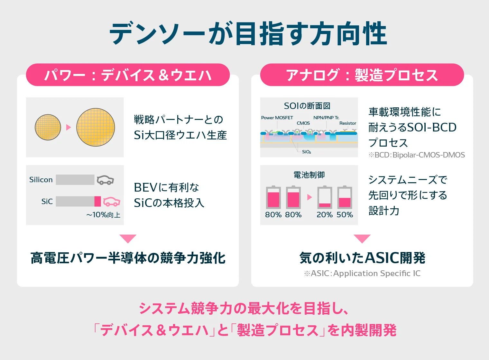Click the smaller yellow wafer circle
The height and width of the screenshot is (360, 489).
tap(48, 127)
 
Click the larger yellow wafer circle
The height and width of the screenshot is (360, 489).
tap(96, 127)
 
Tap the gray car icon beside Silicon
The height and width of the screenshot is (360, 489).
tap(106, 180)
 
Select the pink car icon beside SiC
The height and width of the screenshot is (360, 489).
tap(112, 202)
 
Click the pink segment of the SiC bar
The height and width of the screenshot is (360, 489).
tap(97, 201)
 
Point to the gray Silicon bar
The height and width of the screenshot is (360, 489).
tap(75, 180)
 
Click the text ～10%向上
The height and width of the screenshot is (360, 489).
tap(103, 215)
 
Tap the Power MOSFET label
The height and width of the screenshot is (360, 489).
tap(277, 118)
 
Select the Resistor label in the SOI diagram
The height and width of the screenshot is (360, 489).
tap(348, 123)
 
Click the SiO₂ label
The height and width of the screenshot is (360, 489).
tap(306, 152)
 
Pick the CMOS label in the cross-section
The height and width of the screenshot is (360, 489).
tap(303, 123)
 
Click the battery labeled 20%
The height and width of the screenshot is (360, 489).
tap(325, 197)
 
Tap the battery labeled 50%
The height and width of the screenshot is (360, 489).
tap(345, 197)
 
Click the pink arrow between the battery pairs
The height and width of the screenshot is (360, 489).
tap(309, 197)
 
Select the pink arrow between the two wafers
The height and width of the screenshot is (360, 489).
tap(68, 127)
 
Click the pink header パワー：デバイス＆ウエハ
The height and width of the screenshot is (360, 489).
tap(128, 75)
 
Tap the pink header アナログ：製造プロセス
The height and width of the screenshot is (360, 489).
tap(362, 75)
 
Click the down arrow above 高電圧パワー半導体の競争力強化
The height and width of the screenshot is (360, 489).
tap(128, 239)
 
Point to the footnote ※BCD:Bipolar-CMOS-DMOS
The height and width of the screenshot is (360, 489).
tap(417, 155)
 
